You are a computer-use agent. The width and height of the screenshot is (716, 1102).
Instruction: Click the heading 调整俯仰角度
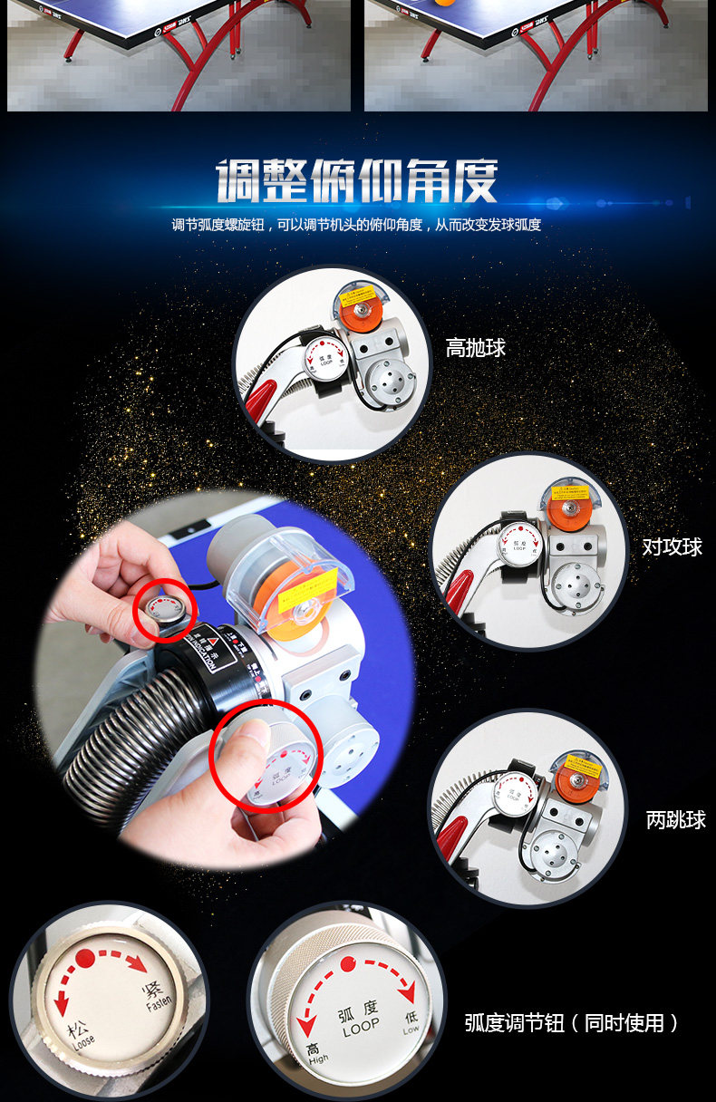pos(357,181)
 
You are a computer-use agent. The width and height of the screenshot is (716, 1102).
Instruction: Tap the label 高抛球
pos(475,348)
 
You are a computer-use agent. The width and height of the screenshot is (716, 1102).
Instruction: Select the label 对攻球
pos(672,546)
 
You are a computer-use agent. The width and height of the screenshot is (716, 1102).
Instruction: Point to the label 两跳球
pos(675,820)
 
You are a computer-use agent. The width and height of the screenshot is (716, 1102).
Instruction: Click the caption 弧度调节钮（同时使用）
pos(572,1023)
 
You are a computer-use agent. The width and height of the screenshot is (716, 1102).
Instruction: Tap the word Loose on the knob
pos(82,1040)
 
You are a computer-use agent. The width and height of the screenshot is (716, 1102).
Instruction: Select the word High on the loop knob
pos(318,1058)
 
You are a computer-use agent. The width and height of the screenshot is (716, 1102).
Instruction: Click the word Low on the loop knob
pos(411,1030)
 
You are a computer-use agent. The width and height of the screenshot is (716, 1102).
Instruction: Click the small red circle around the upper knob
pos(164,609)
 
